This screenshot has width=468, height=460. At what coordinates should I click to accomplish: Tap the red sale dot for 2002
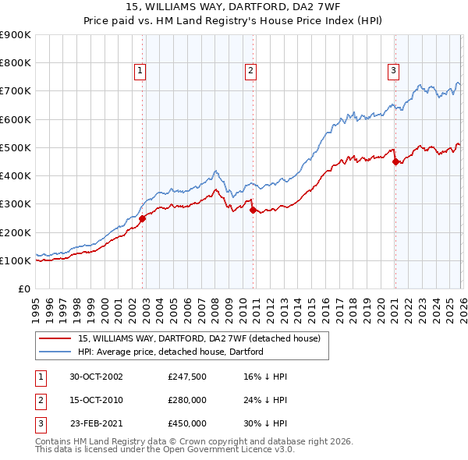tap(143, 219)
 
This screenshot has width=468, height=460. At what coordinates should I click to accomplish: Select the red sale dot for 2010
tap(253, 210)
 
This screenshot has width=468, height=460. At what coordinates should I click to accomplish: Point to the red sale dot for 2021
tap(395, 162)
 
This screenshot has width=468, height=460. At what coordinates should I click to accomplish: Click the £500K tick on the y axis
tap(16, 147)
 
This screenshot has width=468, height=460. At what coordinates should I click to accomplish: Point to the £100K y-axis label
tap(16, 260)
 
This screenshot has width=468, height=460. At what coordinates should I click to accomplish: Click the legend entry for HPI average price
tap(171, 352)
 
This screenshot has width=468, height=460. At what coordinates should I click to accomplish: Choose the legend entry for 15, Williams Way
tap(199, 338)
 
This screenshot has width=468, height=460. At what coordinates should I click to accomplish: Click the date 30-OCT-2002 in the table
tap(96, 377)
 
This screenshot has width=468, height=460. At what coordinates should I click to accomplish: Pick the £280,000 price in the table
tap(187, 400)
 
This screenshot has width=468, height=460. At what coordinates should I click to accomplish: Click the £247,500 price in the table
tap(187, 377)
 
